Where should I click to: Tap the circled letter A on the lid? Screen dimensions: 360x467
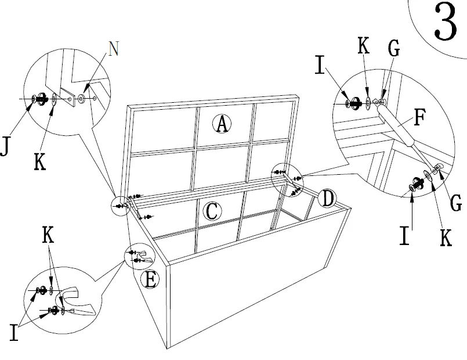222,123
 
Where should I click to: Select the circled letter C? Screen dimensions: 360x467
212,211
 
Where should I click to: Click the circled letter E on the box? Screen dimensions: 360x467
150,280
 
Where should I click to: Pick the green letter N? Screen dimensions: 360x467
114,49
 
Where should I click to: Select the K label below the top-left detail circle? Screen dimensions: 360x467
39,162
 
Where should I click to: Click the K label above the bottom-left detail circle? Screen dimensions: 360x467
49,234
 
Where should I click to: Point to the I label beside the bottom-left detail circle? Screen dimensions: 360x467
13,332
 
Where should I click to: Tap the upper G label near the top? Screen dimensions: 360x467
394,49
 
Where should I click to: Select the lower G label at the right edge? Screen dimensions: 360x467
457,203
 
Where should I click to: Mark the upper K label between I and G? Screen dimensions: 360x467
364,47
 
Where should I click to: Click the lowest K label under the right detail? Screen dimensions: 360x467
446,237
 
